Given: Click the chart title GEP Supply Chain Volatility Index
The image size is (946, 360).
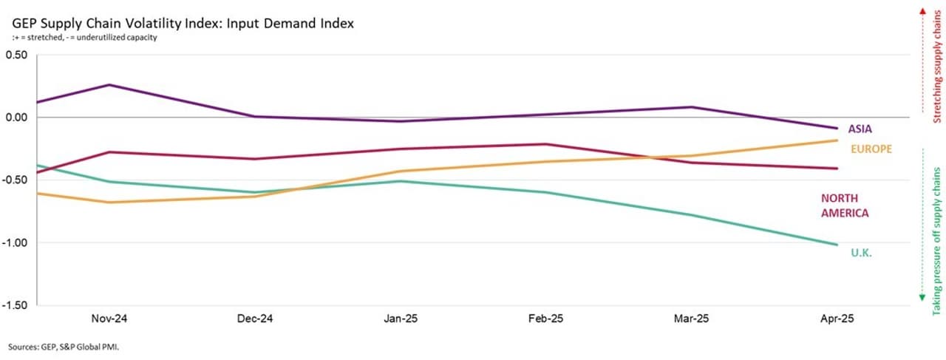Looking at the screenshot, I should coord(183,24).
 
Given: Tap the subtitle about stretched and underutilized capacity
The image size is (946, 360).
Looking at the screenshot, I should coord(86,38).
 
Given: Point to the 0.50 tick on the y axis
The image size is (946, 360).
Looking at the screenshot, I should coord(17,55).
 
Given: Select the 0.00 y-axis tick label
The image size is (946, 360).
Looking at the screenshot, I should coord(17,117).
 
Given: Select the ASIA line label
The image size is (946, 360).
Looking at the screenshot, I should coord(860,129).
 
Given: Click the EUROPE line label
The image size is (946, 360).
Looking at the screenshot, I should coord(871,149).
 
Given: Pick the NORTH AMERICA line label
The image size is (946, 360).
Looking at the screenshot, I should coord(844,206).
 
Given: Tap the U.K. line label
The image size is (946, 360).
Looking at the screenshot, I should coord(862,253).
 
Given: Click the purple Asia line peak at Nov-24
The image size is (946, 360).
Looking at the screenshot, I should coord(109,84).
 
